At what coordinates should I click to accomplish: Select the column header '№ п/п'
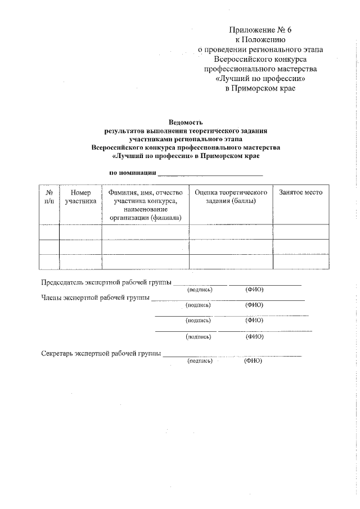[x=49, y=196]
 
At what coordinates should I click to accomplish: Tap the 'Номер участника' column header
[x=80, y=196]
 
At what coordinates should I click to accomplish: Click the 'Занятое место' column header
[x=301, y=192]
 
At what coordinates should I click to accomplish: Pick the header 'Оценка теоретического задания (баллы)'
[x=231, y=196]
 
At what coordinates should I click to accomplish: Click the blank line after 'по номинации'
[x=210, y=174]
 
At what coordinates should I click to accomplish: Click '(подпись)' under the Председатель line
[x=200, y=290]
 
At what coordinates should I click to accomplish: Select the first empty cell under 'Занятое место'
[x=301, y=232]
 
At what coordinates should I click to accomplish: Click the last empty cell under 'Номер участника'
[x=80, y=262]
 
